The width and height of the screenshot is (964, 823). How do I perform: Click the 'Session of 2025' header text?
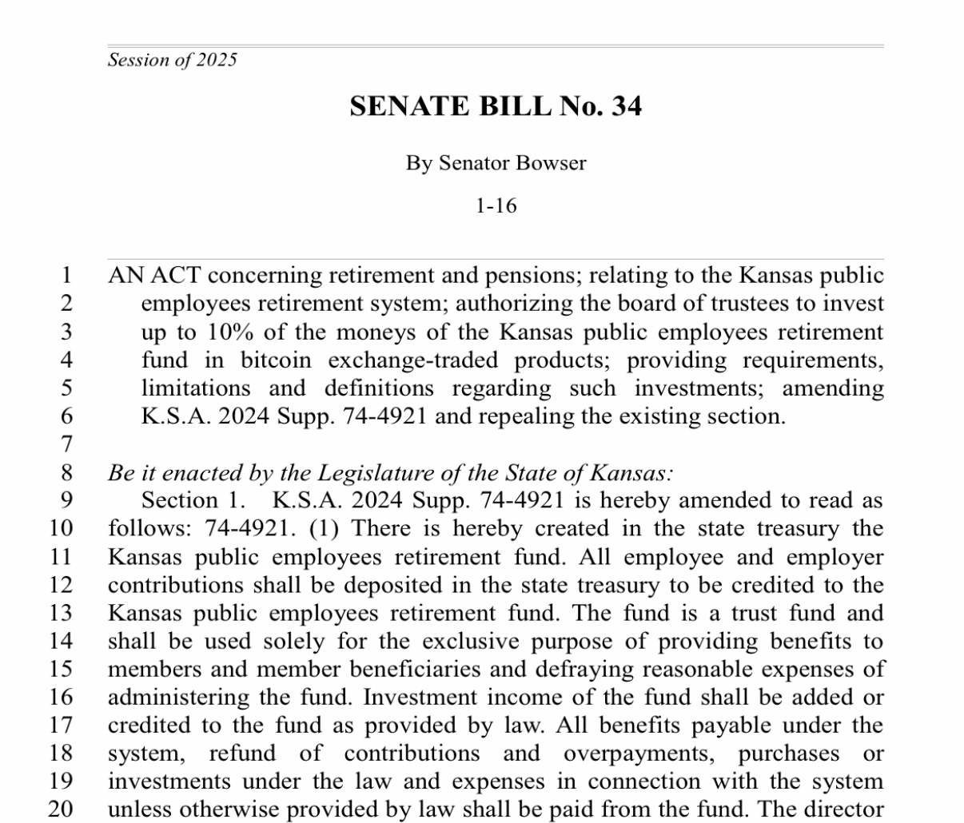[172, 60]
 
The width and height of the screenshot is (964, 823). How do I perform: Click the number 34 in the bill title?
[626, 106]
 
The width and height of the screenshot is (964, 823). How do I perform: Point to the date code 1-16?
[496, 206]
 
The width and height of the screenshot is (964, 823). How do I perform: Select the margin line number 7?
[66, 444]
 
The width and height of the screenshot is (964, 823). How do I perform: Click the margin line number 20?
[61, 809]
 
